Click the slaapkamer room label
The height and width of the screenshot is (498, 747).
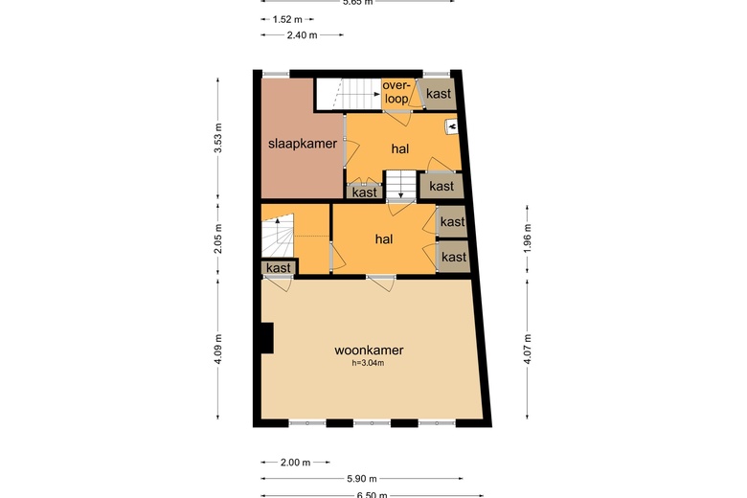tap(302, 144)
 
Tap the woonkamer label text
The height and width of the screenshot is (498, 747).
tap(369, 351)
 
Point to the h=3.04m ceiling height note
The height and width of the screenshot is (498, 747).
tap(369, 364)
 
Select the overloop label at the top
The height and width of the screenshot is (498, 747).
tap(396, 92)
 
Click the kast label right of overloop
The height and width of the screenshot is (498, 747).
tap(440, 94)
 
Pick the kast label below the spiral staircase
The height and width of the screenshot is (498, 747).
tap(279, 268)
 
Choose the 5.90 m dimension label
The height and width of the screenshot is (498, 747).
tap(361, 478)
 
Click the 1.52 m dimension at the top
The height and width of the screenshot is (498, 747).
tap(286, 18)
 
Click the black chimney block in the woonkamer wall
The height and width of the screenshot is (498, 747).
tap(266, 338)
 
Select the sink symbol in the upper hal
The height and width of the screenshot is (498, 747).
tap(451, 125)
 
